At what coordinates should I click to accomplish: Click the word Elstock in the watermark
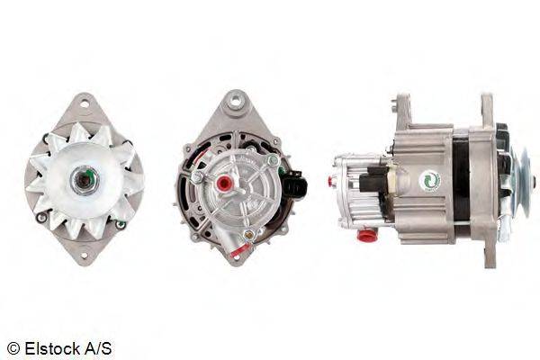[53, 348]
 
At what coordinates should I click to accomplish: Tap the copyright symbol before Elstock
[13, 349]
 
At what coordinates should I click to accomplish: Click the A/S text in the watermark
[98, 348]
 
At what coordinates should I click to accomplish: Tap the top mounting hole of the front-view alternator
[84, 103]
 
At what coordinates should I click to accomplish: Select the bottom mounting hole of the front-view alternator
[85, 256]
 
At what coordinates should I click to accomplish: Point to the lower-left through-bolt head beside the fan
[41, 218]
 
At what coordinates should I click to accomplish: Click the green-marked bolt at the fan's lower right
[121, 225]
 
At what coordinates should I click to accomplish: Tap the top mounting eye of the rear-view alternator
[236, 102]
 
